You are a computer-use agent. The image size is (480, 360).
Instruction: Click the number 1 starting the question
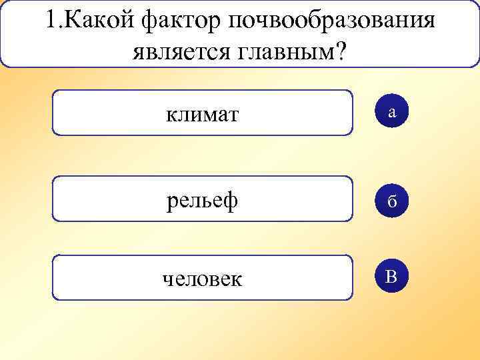coord(51,20)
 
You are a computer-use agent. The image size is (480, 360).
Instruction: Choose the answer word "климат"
coord(202,114)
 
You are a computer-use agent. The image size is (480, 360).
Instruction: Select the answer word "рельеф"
coord(202,200)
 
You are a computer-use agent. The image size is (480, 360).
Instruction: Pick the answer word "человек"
coord(202,278)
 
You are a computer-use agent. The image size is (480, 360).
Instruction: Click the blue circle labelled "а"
coord(392,113)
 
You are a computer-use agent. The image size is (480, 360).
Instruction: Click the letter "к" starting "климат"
coord(171,114)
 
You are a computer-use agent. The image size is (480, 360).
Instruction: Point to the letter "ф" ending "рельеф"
coord(231,200)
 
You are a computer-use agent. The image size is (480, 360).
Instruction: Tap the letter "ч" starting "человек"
coord(167,279)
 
